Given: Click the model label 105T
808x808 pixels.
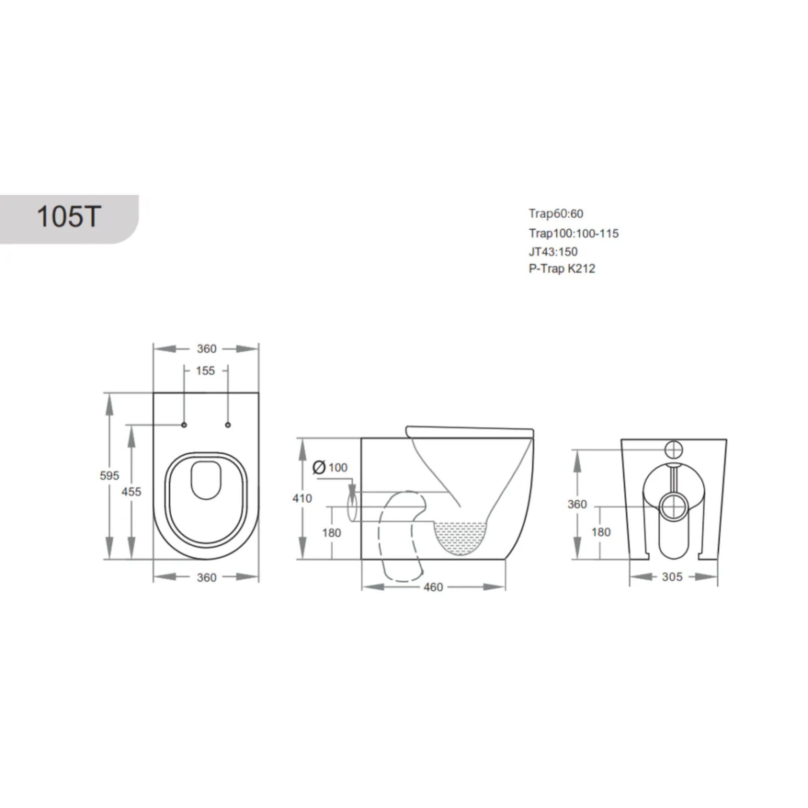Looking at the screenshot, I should pos(69,217).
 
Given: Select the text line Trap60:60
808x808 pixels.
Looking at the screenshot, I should pos(556,214).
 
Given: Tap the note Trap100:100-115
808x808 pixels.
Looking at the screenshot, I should pos(573,234).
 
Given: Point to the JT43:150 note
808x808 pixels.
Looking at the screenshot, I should pos(553,252).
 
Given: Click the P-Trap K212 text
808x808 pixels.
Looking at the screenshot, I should pos(562,269).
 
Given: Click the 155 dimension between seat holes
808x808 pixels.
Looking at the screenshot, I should pos(205,371).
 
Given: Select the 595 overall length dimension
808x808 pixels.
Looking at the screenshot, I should pos(109,475).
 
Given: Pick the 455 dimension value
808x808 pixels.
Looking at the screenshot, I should pos(131,492).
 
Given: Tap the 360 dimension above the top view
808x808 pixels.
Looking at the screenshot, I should pos(207,349).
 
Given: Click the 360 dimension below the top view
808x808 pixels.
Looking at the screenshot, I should pos(207,578).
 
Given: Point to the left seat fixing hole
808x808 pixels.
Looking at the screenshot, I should pos(184,425).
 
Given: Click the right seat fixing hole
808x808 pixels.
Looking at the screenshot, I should pos(228,425).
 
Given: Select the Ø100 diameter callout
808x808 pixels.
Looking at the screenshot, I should pos(330,467).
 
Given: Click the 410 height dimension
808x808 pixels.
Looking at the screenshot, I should pos(302,499).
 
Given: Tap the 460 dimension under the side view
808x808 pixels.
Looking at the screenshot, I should pos(433,587).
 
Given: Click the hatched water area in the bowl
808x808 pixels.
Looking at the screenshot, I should pos(460,537).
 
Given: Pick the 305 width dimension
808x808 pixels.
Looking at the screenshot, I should pos(672,577).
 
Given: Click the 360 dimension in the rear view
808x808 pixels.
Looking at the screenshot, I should pos(577,504).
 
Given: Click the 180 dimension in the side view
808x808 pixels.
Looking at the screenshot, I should pos(331,533).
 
